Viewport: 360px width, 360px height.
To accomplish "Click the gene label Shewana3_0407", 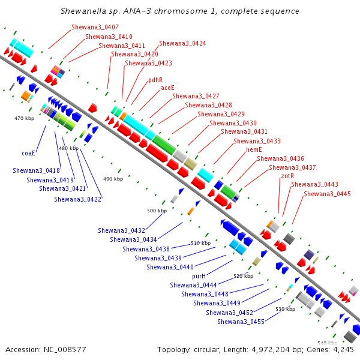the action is (x=95, y=27).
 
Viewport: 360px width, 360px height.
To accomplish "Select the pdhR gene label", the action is (x=155, y=80).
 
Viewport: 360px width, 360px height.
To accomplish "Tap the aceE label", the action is (x=167, y=88).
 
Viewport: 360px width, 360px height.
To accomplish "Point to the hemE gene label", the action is (x=254, y=149).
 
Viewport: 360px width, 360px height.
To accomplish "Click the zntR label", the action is (x=287, y=176).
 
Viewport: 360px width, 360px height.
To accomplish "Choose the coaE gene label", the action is (x=28, y=153).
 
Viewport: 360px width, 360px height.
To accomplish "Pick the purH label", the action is (x=199, y=276).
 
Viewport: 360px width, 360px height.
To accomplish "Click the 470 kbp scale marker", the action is (x=25, y=118).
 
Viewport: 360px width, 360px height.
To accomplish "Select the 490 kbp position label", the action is (x=113, y=179).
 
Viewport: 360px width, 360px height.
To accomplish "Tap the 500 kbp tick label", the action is (x=157, y=211).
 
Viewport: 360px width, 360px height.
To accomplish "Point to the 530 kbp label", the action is (x=286, y=309).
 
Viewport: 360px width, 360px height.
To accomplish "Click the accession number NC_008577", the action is (x=65, y=350).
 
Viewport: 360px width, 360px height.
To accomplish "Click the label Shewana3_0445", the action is (x=328, y=194).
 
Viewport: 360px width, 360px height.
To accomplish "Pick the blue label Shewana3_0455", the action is (x=241, y=322).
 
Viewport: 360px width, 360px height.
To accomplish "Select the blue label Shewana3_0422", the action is (x=77, y=199).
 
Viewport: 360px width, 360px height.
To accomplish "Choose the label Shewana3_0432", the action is (x=121, y=230).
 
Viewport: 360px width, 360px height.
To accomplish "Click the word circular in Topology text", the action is (x=207, y=350).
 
